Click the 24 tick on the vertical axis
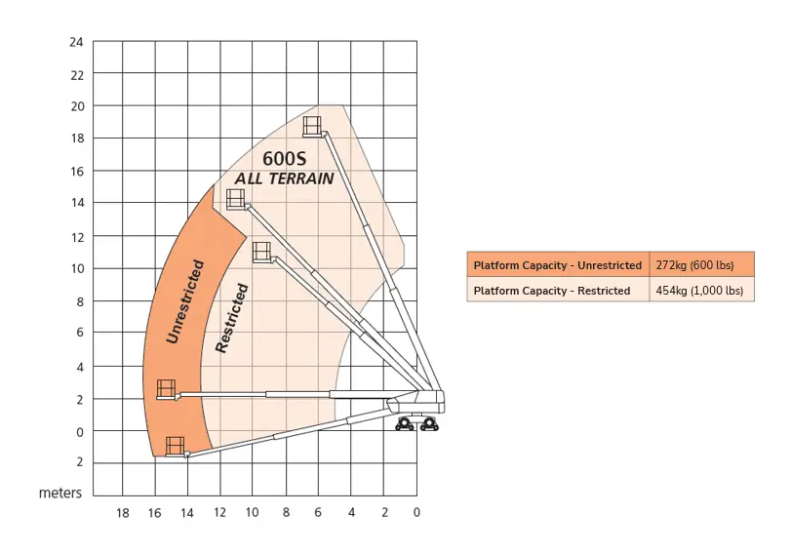(x=77, y=42)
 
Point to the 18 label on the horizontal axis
(x=123, y=513)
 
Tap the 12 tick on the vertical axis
(x=77, y=237)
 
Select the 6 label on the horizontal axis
(x=318, y=512)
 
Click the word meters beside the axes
(x=60, y=493)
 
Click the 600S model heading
(x=285, y=159)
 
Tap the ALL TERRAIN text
(x=285, y=178)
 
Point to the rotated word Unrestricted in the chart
(x=185, y=301)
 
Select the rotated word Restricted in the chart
(x=232, y=318)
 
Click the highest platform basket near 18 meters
(x=312, y=126)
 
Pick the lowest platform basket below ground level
(x=176, y=447)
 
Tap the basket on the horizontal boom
(x=166, y=389)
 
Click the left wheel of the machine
(x=405, y=424)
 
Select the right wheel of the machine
(x=429, y=424)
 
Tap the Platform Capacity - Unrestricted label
(x=558, y=265)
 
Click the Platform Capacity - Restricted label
(x=552, y=291)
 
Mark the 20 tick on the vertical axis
(x=77, y=106)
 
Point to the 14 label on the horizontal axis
(x=187, y=513)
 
